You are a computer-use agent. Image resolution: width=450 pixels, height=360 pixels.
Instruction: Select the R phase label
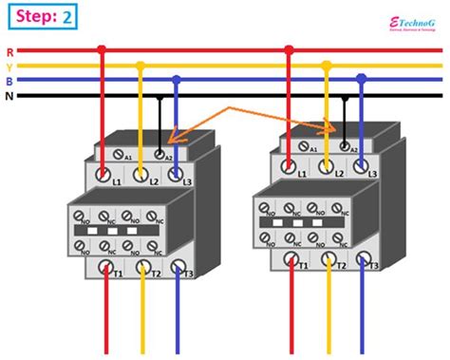(x=9, y=51)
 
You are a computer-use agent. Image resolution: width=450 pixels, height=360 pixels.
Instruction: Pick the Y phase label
(x=9, y=66)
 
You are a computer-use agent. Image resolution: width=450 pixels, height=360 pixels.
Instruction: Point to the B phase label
(x=9, y=81)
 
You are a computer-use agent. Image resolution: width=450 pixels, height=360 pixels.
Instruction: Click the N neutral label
(x=9, y=96)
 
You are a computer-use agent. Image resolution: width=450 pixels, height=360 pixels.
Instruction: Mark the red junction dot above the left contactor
(x=103, y=50)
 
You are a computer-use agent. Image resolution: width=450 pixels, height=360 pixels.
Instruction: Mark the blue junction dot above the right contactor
(x=361, y=78)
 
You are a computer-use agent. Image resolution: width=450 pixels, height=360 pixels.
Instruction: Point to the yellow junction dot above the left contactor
(x=141, y=66)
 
